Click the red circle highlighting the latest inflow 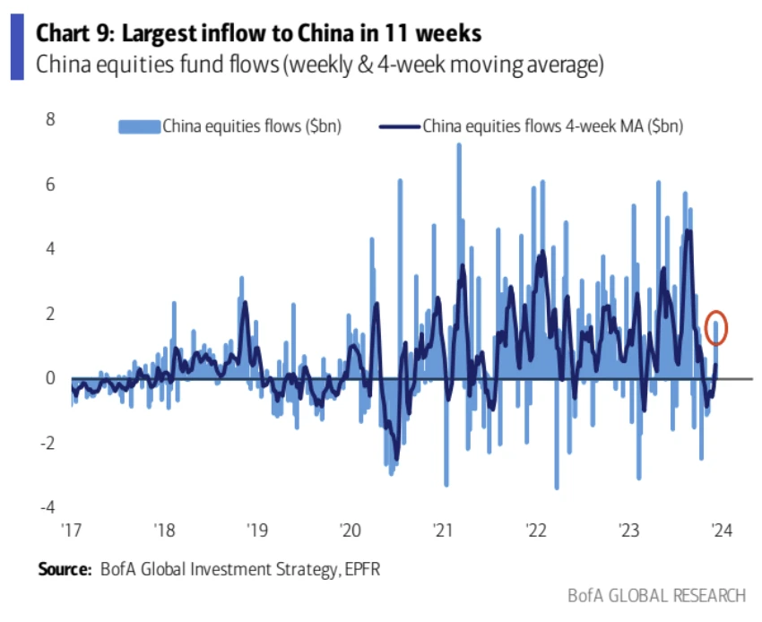coord(716,327)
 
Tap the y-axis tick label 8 coord(50,119)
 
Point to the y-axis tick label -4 coord(48,506)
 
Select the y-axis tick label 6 coord(50,184)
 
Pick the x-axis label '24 coord(720,530)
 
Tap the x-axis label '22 coord(534,530)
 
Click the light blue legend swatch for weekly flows coord(139,125)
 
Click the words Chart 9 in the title coord(74,34)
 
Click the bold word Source coord(64,569)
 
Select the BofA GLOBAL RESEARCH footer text coord(656,596)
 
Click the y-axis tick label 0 coord(50,377)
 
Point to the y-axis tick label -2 coord(48,442)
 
